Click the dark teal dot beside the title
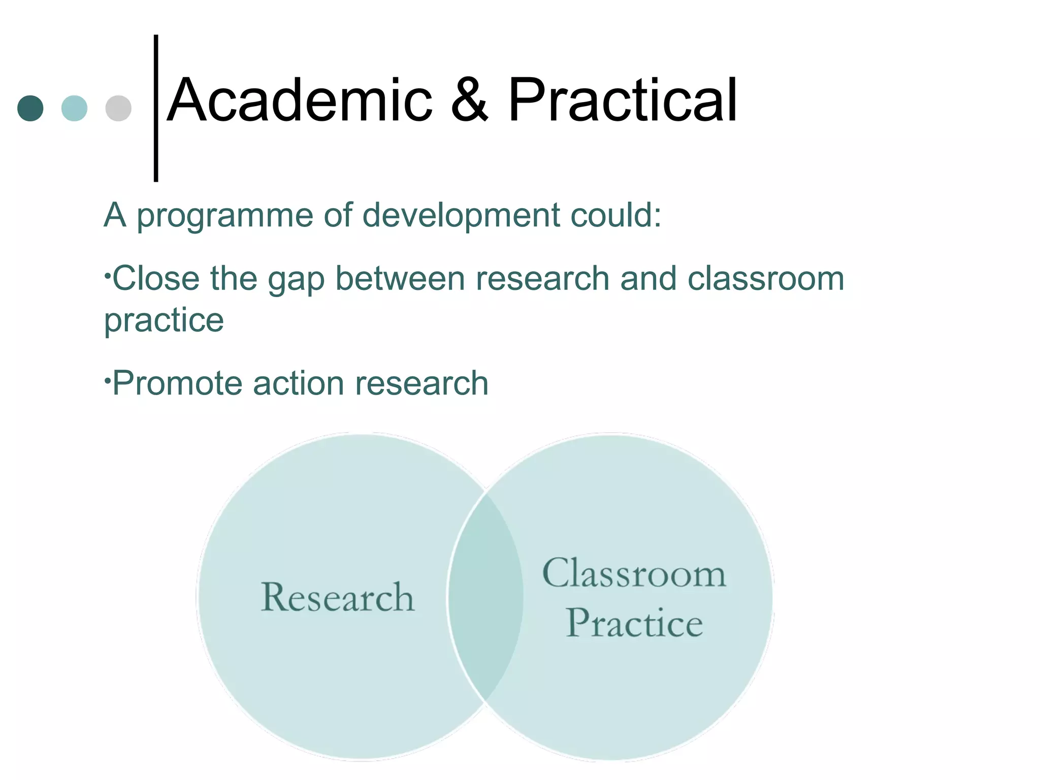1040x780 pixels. click(x=30, y=108)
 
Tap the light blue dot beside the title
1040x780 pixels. click(x=74, y=108)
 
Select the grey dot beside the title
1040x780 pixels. click(x=118, y=108)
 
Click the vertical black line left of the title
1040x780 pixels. click(x=156, y=108)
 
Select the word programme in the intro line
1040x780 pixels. click(x=225, y=216)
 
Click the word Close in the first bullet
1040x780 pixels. click(x=155, y=279)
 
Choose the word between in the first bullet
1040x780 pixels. click(x=400, y=279)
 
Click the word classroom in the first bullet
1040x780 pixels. click(x=766, y=279)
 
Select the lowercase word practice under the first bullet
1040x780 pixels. click(x=164, y=321)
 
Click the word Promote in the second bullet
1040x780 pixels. click(x=177, y=383)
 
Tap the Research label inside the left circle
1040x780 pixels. click(x=338, y=597)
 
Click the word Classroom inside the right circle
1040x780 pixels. click(x=634, y=573)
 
